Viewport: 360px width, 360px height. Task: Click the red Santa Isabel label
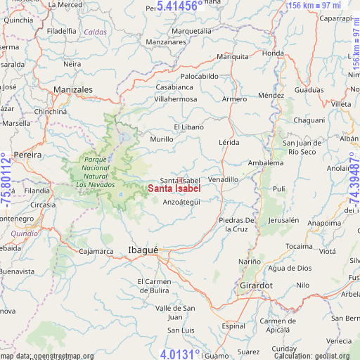(174, 188)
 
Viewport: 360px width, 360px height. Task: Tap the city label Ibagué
(143, 250)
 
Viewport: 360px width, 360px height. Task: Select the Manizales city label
(73, 90)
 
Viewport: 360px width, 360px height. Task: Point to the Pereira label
(29, 154)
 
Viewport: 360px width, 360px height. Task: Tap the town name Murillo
(161, 139)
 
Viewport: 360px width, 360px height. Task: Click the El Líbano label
(188, 127)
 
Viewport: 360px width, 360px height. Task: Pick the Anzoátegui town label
(181, 202)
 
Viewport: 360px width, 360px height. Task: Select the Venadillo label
(223, 179)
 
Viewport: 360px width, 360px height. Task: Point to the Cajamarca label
(96, 250)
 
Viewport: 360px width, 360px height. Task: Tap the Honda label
(272, 53)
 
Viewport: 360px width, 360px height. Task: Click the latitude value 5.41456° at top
(180, 6)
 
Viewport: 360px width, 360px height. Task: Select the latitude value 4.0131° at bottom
(181, 354)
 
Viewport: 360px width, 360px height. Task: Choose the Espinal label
(233, 326)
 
